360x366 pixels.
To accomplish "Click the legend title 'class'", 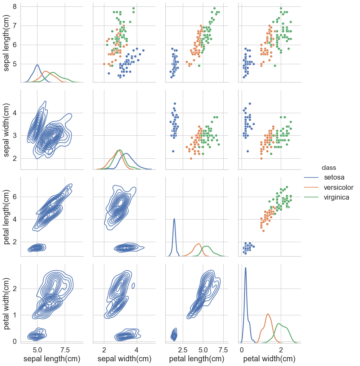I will (x=329, y=167).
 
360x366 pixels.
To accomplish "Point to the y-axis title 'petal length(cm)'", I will (x=8, y=217).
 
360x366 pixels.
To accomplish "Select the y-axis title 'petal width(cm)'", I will (x=8, y=303).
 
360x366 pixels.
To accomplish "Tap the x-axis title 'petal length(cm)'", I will (x=196, y=359).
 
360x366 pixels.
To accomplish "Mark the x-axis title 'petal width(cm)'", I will (x=269, y=359).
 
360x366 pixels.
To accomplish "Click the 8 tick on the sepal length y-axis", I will (x=14, y=6).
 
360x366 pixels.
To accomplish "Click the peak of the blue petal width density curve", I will (x=245, y=268).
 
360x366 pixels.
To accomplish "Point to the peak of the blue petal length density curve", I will (x=174, y=219).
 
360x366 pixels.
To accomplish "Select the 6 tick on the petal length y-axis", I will (x=14, y=197).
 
